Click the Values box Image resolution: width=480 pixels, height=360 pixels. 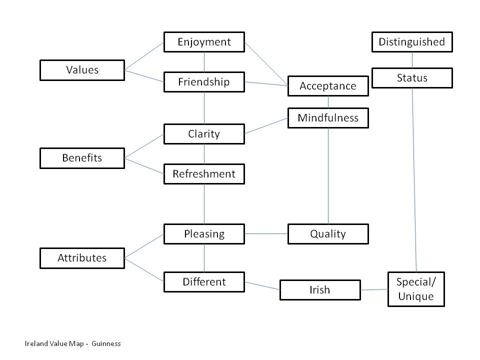(x=82, y=70)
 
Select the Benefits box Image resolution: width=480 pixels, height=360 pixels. (x=82, y=158)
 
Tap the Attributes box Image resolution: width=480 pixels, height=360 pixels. (x=82, y=258)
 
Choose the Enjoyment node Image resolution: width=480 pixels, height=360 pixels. (x=204, y=42)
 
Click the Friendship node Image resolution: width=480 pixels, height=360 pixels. (x=204, y=82)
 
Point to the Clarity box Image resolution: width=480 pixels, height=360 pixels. (x=204, y=134)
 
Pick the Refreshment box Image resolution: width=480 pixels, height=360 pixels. (x=204, y=174)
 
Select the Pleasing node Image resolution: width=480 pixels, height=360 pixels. (x=204, y=234)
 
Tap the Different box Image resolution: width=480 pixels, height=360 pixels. (x=204, y=282)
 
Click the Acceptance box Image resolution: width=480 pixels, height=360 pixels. (x=328, y=86)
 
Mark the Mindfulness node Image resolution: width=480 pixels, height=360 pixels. (x=328, y=118)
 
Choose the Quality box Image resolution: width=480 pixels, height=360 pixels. (x=328, y=234)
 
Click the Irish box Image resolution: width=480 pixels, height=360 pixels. (x=320, y=290)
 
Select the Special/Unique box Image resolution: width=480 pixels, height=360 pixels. (x=416, y=289)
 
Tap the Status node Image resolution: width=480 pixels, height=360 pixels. (x=412, y=78)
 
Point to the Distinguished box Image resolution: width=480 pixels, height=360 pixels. (x=412, y=42)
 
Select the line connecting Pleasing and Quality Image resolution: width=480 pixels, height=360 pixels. (x=266, y=233)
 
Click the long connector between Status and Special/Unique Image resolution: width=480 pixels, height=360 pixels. (x=414, y=180)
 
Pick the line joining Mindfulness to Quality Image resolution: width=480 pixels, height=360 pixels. (x=328, y=175)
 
